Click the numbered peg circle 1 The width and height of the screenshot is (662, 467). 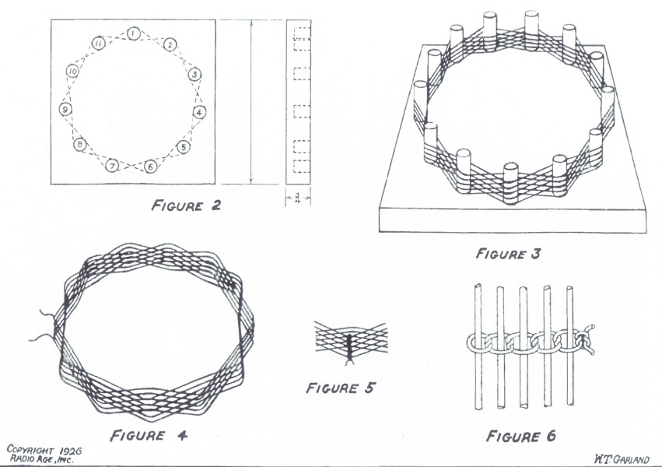tap(133, 33)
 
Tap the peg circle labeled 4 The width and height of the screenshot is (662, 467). tap(199, 112)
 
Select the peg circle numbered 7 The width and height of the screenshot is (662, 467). tap(112, 166)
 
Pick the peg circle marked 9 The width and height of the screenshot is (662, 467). tap(65, 110)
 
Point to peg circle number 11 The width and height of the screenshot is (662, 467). tap(98, 43)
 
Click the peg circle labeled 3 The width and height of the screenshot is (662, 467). tap(194, 75)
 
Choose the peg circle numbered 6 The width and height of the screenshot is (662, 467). tap(150, 167)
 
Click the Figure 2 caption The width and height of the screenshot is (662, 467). tap(186, 205)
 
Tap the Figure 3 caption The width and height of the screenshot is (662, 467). tap(508, 254)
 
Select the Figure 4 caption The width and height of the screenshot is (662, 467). tap(149, 435)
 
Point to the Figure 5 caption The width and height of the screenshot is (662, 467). tap(340, 388)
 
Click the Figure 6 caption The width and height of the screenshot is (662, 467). tap(521, 436)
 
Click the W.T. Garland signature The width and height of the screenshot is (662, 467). tap(622, 459)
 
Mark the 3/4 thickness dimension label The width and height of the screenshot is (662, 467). tap(298, 198)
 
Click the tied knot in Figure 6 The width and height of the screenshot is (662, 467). tap(586, 339)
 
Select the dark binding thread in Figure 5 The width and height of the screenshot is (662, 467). tap(349, 349)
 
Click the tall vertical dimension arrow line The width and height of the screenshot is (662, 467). tap(251, 102)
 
